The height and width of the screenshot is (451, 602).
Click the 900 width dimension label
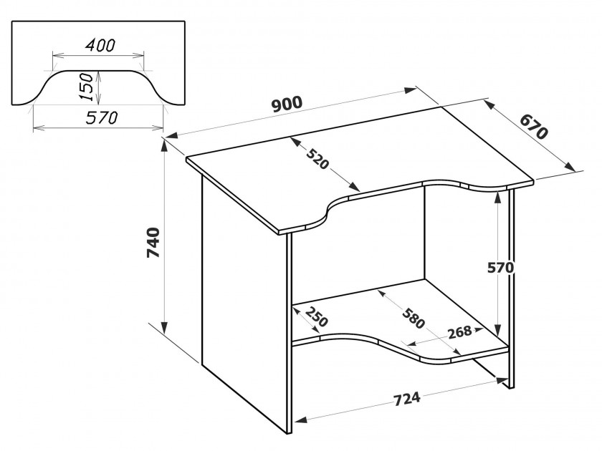[287, 104]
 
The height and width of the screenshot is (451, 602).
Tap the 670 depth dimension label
[534, 127]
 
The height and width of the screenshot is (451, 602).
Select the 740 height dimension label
[153, 243]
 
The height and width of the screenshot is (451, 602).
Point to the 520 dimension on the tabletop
[318, 157]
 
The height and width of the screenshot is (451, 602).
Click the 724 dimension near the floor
[407, 399]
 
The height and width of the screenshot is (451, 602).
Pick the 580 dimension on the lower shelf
[414, 318]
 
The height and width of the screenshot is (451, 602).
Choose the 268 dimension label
[459, 331]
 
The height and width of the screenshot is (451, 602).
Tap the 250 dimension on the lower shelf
[316, 316]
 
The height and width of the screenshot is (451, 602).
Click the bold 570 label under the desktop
[500, 268]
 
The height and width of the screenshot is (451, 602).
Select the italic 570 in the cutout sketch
[101, 118]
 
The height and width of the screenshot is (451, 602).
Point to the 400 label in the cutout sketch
[100, 46]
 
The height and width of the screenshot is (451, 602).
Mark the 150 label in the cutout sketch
[87, 87]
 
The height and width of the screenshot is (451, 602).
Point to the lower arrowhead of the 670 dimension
[570, 167]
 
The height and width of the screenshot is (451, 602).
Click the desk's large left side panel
[244, 299]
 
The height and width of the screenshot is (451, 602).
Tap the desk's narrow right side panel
[512, 288]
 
